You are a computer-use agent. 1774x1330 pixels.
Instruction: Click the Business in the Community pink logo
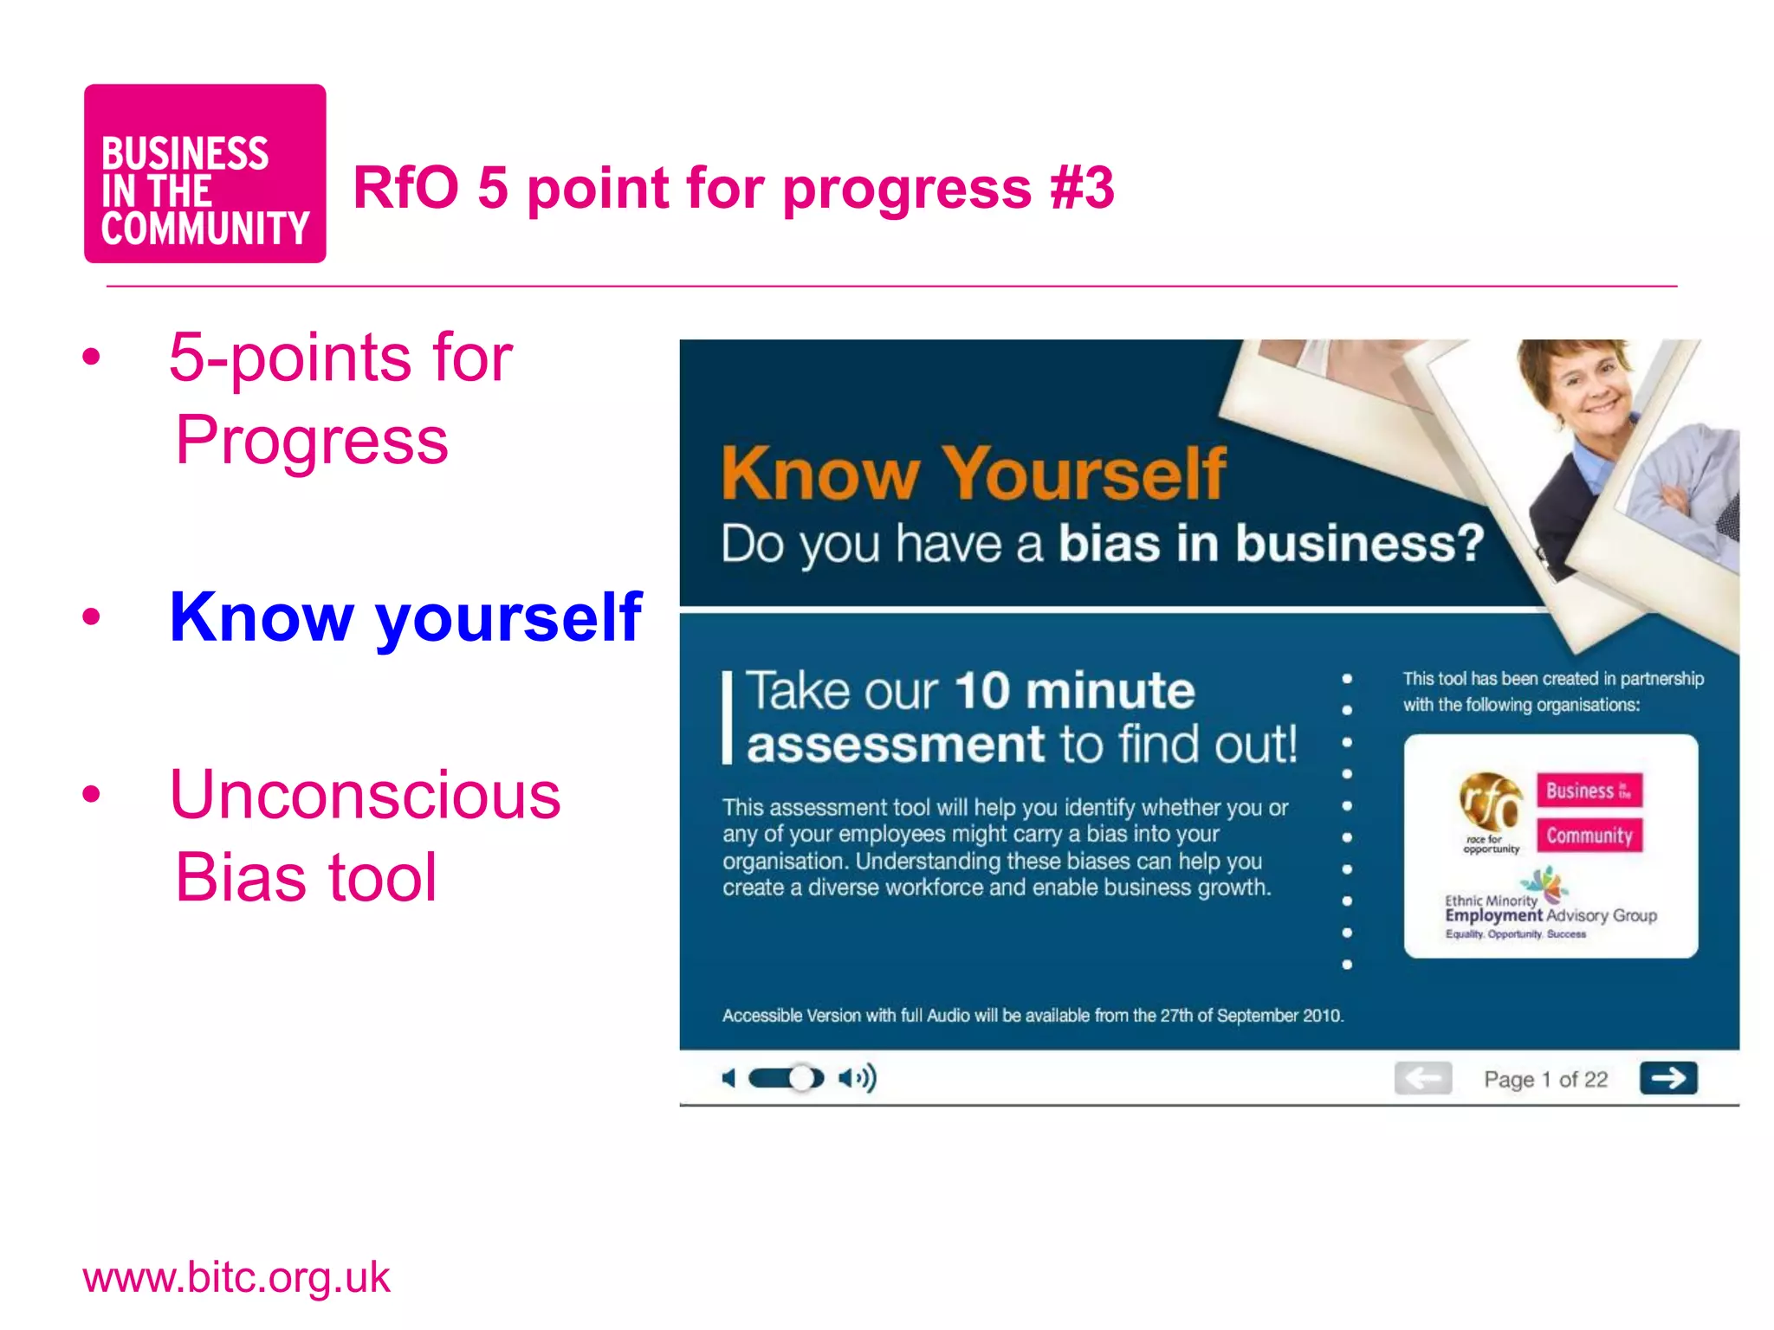click(204, 174)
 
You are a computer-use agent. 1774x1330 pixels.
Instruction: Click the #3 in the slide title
click(1081, 188)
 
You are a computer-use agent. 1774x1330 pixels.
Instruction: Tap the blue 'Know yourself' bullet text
click(405, 617)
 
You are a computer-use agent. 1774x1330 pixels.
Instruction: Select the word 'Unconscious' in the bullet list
click(365, 794)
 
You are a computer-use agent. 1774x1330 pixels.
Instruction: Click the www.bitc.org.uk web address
click(236, 1277)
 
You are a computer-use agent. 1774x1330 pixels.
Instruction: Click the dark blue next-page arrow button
click(1667, 1078)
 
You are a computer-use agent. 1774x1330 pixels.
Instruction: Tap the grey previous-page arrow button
click(1422, 1078)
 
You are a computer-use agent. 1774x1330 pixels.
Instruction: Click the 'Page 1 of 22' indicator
click(1545, 1079)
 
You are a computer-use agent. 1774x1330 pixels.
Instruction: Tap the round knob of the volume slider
click(803, 1078)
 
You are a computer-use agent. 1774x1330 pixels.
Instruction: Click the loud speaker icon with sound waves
click(857, 1078)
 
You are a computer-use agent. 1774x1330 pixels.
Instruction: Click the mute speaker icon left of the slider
click(729, 1078)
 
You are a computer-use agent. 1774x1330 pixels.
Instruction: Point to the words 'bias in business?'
click(1272, 544)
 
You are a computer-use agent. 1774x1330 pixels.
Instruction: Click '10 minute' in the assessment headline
click(1074, 691)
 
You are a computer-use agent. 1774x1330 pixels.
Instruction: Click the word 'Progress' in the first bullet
click(312, 440)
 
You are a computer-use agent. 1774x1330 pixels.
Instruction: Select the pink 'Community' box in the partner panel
click(1589, 836)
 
